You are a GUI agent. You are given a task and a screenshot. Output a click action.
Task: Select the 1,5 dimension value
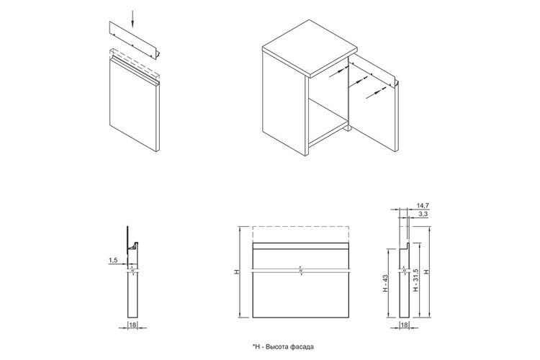pyautogui.click(x=113, y=261)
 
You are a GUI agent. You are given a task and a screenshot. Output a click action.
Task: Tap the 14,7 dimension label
pyautogui.click(x=423, y=206)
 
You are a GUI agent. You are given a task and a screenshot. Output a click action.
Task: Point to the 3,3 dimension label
pyautogui.click(x=423, y=214)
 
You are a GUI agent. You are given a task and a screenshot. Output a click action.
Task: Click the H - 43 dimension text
pyautogui.click(x=385, y=283)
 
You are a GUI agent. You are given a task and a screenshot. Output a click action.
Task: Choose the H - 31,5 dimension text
pyautogui.click(x=415, y=280)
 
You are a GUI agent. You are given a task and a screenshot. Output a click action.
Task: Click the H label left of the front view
pyautogui.click(x=237, y=272)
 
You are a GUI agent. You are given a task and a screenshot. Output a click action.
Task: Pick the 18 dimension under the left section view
pyautogui.click(x=132, y=325)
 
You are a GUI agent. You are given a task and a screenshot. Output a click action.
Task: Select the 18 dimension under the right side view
pyautogui.click(x=405, y=325)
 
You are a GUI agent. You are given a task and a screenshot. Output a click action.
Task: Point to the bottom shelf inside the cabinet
pyautogui.click(x=327, y=120)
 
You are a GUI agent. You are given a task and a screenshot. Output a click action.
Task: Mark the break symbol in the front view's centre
pyautogui.click(x=301, y=271)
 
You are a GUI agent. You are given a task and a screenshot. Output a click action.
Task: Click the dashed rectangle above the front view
pyautogui.click(x=301, y=235)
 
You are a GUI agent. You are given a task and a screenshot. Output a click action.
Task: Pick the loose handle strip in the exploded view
pyautogui.click(x=135, y=40)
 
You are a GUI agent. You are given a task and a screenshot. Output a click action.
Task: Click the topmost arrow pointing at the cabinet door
pyautogui.click(x=338, y=72)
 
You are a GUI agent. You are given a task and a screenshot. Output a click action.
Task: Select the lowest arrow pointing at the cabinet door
pyautogui.click(x=376, y=94)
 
